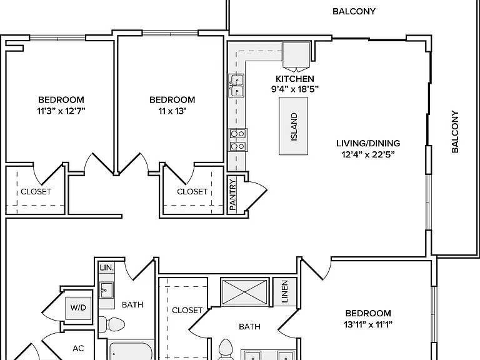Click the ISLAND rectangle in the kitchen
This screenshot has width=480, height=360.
click(x=293, y=126)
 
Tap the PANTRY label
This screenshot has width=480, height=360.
click(x=232, y=195)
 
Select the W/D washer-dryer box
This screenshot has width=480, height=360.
click(x=78, y=308)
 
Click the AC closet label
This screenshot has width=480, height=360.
click(x=78, y=348)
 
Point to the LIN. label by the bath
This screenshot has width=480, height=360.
click(x=106, y=267)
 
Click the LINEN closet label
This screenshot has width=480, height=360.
click(x=285, y=291)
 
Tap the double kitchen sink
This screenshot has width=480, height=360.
click(x=237, y=86)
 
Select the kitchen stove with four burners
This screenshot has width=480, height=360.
click(x=238, y=140)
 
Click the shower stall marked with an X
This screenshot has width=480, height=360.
click(x=245, y=292)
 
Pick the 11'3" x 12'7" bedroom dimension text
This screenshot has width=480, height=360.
click(x=61, y=111)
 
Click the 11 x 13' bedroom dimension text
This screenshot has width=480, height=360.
click(x=172, y=111)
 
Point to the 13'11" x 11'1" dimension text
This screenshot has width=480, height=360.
click(x=368, y=324)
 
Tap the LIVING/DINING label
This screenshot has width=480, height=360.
click(x=368, y=143)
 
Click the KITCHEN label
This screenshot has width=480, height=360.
click(x=295, y=79)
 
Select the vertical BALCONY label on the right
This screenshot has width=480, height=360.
click(x=455, y=132)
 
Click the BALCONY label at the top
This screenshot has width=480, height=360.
click(x=354, y=11)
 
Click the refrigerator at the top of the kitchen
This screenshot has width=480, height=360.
click(x=296, y=54)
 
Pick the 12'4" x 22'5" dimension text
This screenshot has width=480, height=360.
click(x=368, y=154)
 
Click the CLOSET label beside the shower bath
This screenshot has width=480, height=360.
click(x=187, y=311)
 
